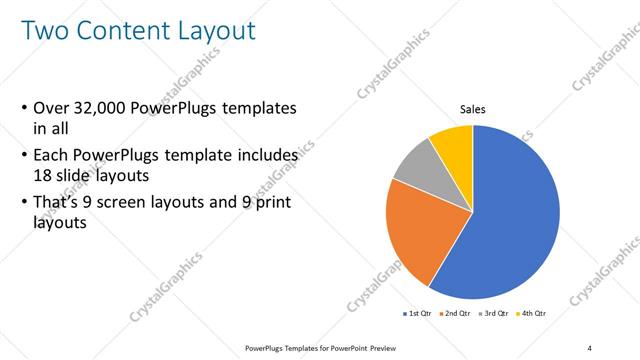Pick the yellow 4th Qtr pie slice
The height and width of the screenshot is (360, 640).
click(x=453, y=143)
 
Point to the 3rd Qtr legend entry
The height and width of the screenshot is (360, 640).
click(x=495, y=314)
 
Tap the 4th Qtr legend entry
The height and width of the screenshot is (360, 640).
click(x=533, y=314)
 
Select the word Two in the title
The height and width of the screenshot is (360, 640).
click(x=46, y=31)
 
